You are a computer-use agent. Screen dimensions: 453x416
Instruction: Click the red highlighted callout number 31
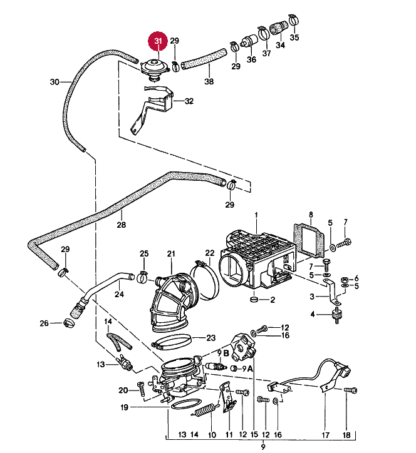point(158,41)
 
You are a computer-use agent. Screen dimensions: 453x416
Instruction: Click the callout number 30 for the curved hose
point(54,82)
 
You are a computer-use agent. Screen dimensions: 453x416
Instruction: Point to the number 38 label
point(209,82)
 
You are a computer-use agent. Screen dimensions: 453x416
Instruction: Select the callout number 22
point(210,253)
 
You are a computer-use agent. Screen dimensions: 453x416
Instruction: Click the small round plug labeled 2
point(253,301)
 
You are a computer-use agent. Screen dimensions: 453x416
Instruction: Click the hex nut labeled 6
point(344,279)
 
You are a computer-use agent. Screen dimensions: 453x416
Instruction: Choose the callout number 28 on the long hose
point(121,224)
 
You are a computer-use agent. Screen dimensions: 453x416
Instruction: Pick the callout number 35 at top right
point(294,37)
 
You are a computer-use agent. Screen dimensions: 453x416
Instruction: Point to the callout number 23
point(211,337)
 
